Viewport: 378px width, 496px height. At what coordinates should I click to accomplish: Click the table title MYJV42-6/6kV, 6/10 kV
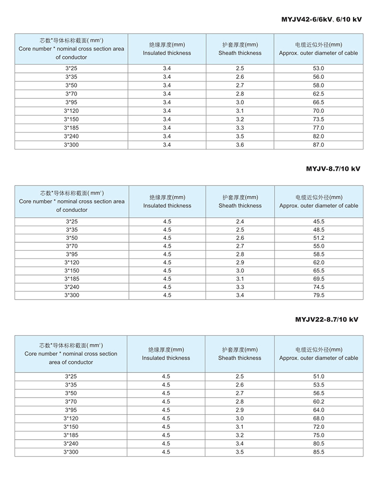321,19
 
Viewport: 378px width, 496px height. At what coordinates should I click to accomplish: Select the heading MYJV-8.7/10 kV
333,168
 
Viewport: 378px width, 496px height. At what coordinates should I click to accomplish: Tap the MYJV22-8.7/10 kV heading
326,319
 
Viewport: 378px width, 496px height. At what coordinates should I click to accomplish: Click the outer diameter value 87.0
318,145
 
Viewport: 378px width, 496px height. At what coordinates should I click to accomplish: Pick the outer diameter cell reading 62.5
318,94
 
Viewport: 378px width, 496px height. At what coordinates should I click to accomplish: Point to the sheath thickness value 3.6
240,145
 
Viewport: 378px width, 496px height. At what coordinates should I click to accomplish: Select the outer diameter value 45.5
318,221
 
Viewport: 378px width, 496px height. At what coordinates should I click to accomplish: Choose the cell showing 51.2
318,238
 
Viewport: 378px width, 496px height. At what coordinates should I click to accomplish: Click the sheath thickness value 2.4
240,221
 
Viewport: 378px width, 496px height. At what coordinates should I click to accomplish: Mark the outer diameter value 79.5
318,295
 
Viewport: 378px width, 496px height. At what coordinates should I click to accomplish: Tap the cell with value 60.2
318,402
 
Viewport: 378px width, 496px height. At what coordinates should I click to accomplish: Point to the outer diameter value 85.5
318,452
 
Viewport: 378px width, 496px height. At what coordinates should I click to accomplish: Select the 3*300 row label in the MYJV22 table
71,452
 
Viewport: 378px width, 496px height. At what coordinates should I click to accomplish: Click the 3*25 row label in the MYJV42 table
71,69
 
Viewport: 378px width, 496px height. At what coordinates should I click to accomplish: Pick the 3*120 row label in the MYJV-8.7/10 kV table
72,262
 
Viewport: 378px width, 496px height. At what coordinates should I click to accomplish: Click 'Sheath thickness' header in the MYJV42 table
240,53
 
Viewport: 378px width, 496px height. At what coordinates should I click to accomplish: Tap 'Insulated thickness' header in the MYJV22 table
166,358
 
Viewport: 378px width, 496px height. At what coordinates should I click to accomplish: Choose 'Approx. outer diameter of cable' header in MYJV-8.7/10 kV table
318,206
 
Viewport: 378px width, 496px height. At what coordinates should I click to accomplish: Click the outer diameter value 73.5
318,119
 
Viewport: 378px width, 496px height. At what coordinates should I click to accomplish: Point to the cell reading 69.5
318,279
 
